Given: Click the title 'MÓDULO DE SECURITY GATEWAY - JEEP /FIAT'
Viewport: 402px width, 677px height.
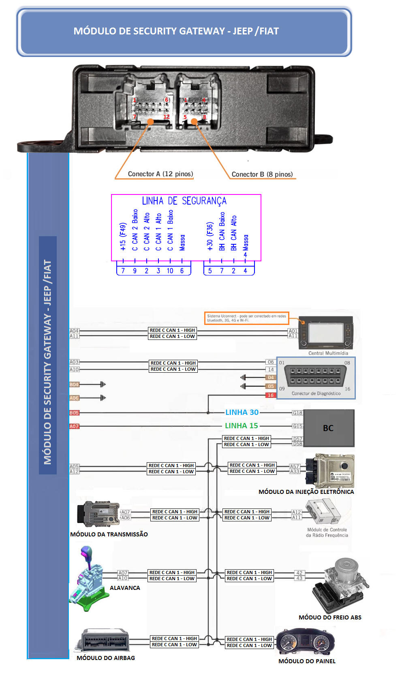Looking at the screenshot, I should tap(176, 31).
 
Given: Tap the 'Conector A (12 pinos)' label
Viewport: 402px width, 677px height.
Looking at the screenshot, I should tap(160, 174).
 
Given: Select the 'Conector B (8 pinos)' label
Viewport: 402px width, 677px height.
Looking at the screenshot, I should tap(262, 175).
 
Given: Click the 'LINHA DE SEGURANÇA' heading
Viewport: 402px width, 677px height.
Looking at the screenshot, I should tap(184, 201).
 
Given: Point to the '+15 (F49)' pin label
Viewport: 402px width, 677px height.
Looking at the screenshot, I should tap(123, 237).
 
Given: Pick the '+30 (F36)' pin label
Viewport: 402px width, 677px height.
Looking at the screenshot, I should tap(210, 236).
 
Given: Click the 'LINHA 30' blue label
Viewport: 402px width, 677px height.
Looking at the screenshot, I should tap(242, 412).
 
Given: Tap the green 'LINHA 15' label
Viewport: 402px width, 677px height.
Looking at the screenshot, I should tap(241, 426).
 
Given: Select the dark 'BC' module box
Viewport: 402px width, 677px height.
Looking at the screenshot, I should tap(329, 428).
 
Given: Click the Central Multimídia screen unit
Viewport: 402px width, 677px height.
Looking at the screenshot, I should tap(326, 333).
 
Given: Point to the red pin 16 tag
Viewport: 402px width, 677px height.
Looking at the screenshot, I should tap(270, 395).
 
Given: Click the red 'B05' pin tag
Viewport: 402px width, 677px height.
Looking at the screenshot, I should tap(74, 413).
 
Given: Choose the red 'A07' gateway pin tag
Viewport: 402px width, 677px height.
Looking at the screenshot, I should tap(74, 426).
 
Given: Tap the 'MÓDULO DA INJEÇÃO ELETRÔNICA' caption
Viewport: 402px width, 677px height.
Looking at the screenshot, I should tap(306, 492).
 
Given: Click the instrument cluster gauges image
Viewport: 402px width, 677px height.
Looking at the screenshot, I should tap(305, 642).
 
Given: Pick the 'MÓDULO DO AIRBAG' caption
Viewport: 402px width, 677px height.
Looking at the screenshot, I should tap(106, 658).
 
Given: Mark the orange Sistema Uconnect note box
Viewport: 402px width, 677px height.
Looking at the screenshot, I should tap(246, 318).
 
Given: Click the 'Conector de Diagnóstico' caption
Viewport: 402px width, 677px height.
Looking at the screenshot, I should tap(316, 393).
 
